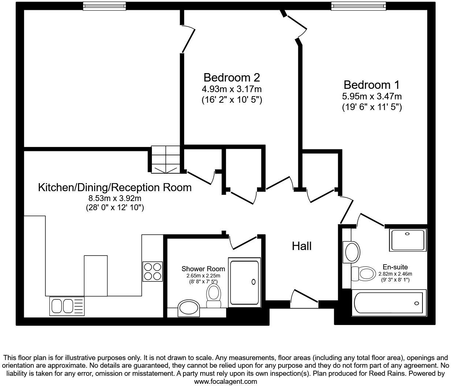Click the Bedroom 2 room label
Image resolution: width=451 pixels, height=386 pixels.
point(232,77)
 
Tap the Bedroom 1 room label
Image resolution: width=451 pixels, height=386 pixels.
point(372,85)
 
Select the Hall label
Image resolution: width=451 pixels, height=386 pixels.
point(302,246)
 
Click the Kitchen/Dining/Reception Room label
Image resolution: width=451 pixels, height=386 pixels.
point(115,188)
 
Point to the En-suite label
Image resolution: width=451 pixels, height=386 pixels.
point(395,267)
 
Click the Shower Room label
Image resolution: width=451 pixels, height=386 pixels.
point(203,269)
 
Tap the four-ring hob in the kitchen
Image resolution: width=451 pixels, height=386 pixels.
point(152,271)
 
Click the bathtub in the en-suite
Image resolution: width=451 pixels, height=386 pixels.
point(389,303)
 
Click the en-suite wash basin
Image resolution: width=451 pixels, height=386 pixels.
point(352,251)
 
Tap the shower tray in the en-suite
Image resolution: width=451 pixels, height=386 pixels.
point(407,240)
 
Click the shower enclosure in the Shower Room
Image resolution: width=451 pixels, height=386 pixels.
point(244,282)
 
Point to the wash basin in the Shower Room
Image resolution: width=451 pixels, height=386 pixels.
point(189,308)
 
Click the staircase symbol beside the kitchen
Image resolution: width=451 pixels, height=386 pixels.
point(166,159)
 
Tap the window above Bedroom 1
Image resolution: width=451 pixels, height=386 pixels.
point(358,5)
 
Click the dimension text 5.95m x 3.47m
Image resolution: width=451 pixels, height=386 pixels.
point(372,96)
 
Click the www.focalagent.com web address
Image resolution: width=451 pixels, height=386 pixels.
point(225,382)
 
